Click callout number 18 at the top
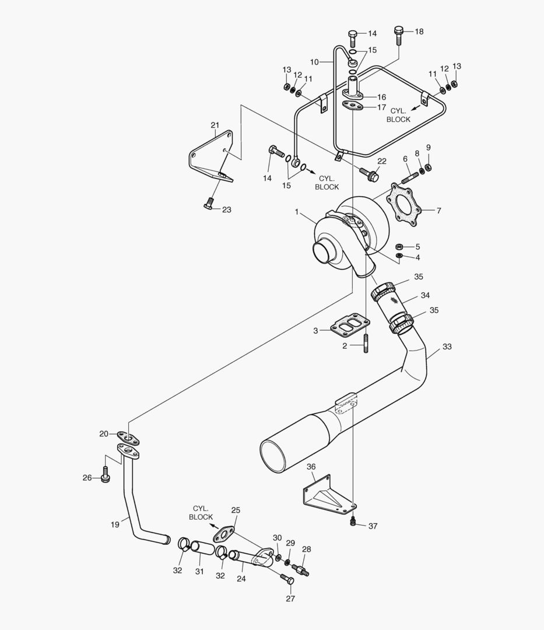click(419, 32)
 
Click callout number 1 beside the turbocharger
click(297, 213)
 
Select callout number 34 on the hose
click(425, 295)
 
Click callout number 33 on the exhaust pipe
click(447, 346)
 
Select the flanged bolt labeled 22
click(371, 173)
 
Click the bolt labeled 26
click(105, 475)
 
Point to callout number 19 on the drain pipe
click(115, 524)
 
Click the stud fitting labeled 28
click(301, 568)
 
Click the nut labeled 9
click(427, 167)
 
